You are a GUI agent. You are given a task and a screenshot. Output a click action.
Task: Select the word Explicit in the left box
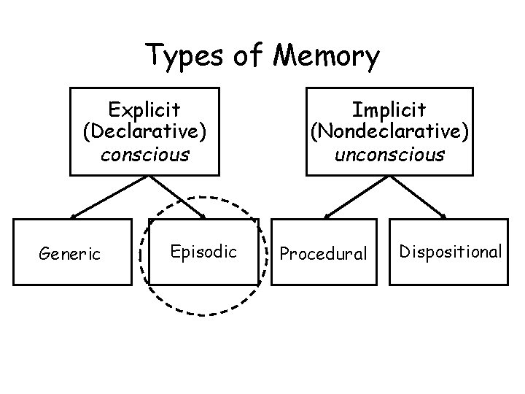(x=144, y=109)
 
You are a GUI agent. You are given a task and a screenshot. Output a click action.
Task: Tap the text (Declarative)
(x=144, y=132)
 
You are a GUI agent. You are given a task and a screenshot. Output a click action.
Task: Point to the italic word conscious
(x=144, y=154)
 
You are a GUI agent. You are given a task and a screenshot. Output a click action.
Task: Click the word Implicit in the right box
(x=389, y=109)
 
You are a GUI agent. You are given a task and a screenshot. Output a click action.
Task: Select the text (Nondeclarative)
(x=389, y=132)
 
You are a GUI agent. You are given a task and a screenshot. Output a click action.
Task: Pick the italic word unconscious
(x=389, y=154)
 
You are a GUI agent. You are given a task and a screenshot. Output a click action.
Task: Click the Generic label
(x=69, y=253)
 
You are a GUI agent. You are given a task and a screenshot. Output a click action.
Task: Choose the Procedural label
(x=324, y=253)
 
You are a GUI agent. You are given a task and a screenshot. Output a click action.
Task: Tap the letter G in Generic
(x=44, y=253)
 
